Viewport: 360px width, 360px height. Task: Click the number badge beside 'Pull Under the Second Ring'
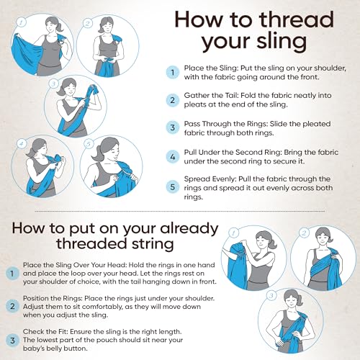(172, 156)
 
